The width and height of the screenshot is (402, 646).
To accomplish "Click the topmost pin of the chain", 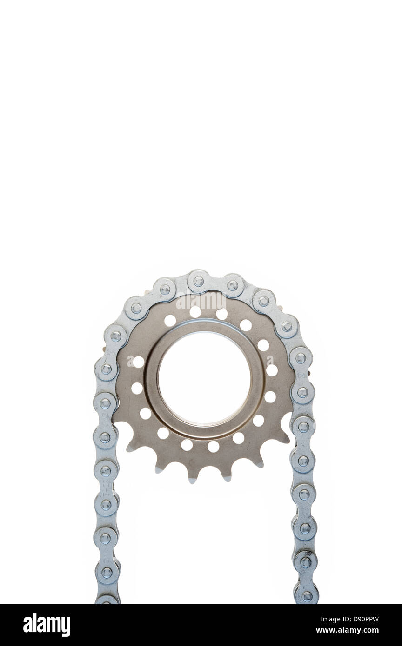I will point(199,281).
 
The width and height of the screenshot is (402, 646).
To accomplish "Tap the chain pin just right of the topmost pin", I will point(233,285).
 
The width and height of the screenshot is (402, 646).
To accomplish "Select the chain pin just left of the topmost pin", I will point(165,290).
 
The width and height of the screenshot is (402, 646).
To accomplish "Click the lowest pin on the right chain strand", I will point(307,596).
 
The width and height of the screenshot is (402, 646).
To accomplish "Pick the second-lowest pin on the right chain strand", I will point(306,562).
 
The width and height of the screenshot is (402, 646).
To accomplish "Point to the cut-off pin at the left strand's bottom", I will point(107,601).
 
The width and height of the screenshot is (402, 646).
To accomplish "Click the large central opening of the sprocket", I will point(204,377).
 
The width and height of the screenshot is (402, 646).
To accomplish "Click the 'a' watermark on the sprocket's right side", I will point(270,361).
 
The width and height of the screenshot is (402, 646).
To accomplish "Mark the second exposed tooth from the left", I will point(158,467).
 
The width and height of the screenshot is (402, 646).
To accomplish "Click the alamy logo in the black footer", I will point(47,625).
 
